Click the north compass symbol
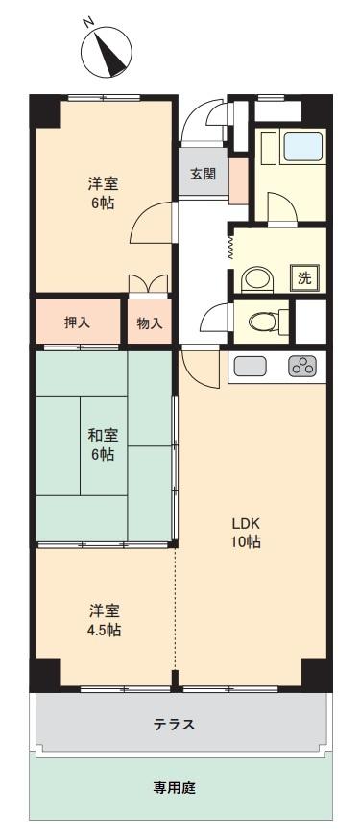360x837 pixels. point(107,51)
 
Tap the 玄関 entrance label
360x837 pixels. point(203,174)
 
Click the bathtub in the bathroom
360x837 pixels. point(302,146)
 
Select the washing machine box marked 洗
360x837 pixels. point(304,277)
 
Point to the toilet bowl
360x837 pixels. point(262,322)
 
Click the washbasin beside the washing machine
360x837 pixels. point(257,279)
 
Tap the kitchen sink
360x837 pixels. point(250,366)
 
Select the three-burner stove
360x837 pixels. point(302,366)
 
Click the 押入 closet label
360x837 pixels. point(77,323)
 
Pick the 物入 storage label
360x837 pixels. point(150,323)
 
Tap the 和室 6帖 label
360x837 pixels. point(103,444)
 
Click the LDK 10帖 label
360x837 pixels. point(246,532)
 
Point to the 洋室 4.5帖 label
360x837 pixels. point(104,619)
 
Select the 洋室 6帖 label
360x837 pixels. point(103,193)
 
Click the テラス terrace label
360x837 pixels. point(174,725)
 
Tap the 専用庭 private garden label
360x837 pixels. point(175,787)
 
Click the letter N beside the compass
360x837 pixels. point(88,22)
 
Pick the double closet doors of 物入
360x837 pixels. point(149,283)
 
